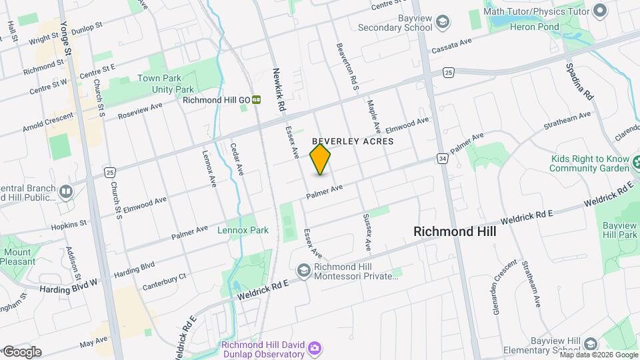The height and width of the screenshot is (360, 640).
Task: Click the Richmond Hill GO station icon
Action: click(257, 100)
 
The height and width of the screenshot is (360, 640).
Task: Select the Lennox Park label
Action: click(243, 231)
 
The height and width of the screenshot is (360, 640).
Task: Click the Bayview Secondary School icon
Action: click(441, 23)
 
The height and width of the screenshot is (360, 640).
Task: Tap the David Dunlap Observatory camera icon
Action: click(314, 348)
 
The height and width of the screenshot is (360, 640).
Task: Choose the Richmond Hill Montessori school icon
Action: click(303, 270)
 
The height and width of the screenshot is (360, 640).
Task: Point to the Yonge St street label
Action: click(65, 37)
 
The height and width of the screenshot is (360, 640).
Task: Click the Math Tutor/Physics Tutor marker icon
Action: click(599, 10)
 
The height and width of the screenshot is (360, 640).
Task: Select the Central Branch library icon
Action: click(65, 192)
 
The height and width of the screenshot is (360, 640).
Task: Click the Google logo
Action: click(22, 352)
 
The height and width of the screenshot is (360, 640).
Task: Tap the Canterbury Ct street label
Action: click(164, 282)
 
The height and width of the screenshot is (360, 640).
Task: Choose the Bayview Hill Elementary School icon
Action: click(589, 345)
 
